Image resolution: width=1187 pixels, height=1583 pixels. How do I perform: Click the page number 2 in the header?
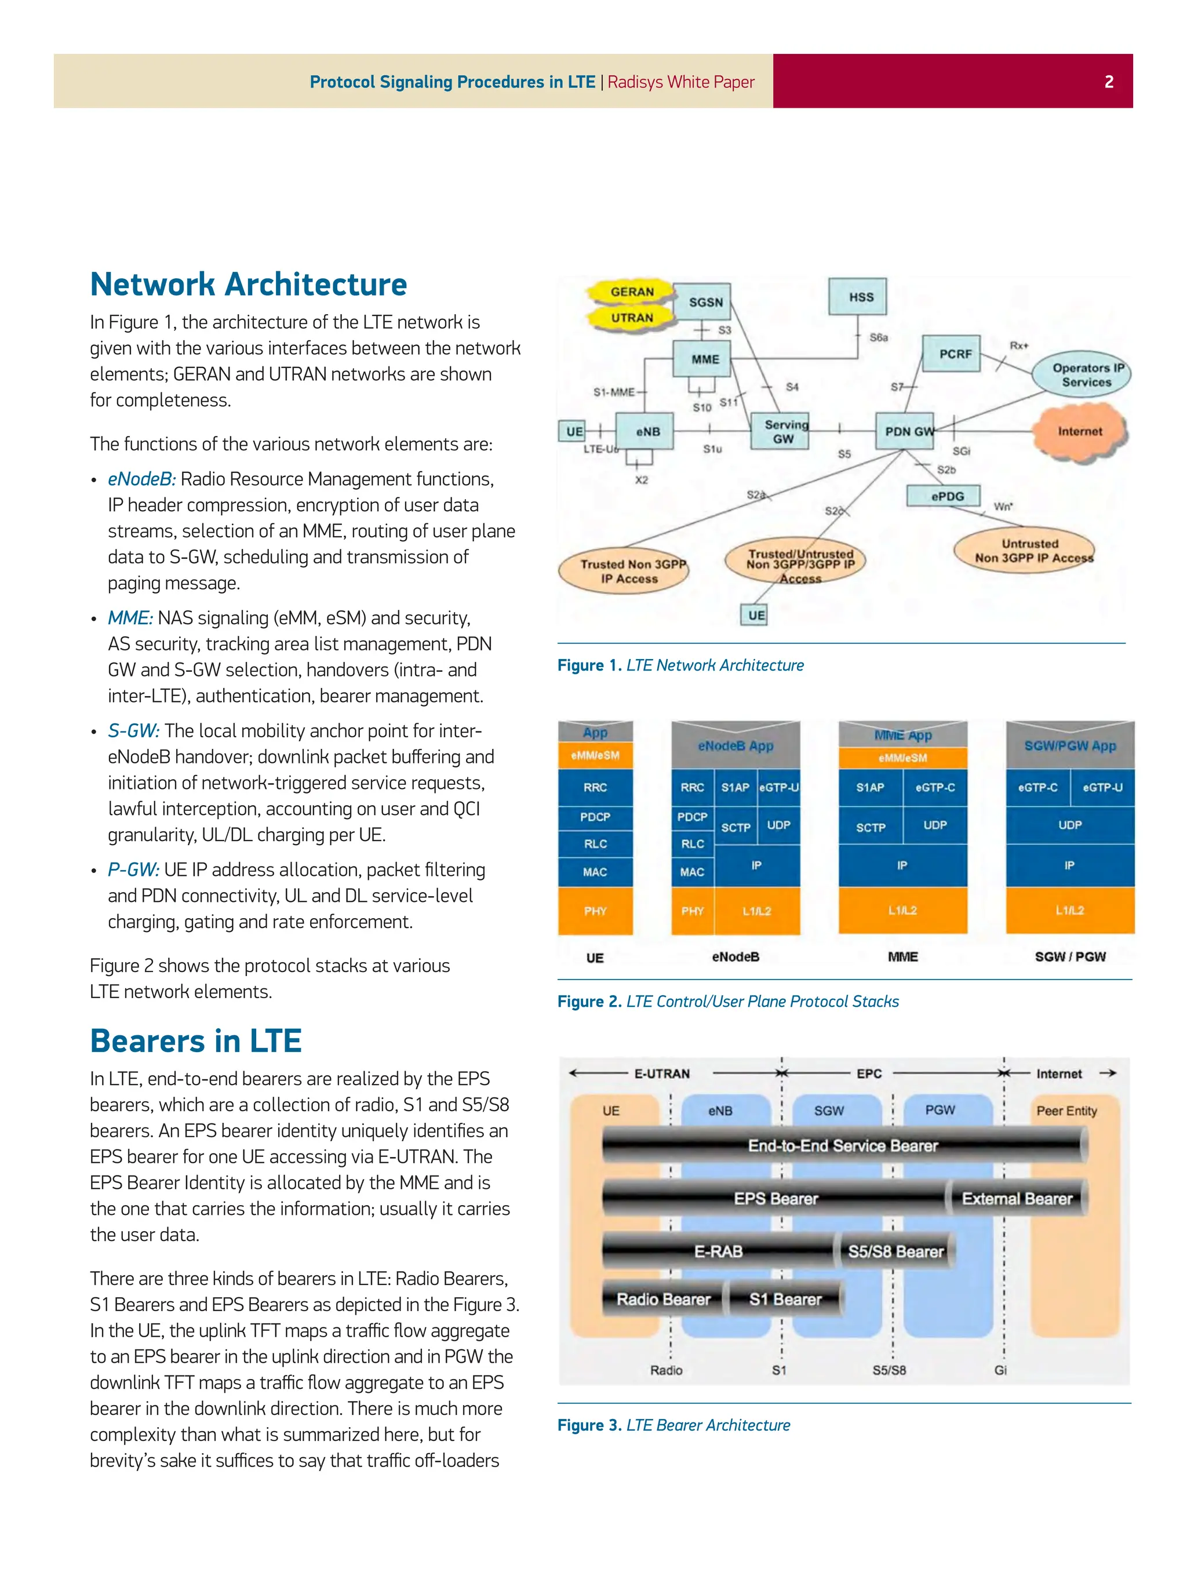point(1108,82)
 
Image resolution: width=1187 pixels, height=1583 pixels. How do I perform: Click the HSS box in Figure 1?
point(861,296)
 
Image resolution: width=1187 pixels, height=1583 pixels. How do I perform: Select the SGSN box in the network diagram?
point(705,302)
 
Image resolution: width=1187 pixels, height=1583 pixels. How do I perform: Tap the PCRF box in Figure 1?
point(955,354)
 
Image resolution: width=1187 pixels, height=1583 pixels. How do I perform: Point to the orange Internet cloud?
point(1080,431)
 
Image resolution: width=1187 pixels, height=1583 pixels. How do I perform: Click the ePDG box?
point(946,496)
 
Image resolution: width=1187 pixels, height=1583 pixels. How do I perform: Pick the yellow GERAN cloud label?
point(632,291)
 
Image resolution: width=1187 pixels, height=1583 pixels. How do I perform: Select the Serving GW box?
point(783,431)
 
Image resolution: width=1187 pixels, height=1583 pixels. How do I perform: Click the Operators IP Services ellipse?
point(1083,374)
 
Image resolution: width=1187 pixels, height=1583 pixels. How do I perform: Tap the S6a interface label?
point(879,337)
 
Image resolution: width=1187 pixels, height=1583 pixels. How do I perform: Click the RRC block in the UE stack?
point(595,787)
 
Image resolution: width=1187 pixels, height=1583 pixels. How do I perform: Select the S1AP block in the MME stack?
point(870,787)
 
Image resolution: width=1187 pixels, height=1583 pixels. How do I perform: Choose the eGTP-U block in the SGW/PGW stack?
point(1102,787)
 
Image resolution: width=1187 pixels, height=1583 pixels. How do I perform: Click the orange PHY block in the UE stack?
point(595,911)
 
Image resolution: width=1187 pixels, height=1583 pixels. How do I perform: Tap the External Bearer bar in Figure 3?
point(1016,1199)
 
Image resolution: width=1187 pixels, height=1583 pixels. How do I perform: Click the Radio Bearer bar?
point(663,1299)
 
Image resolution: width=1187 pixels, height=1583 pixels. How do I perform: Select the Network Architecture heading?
point(248,284)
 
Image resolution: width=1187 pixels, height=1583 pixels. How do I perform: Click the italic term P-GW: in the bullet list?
point(134,869)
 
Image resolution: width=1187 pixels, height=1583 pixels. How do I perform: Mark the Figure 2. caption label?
point(589,1001)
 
